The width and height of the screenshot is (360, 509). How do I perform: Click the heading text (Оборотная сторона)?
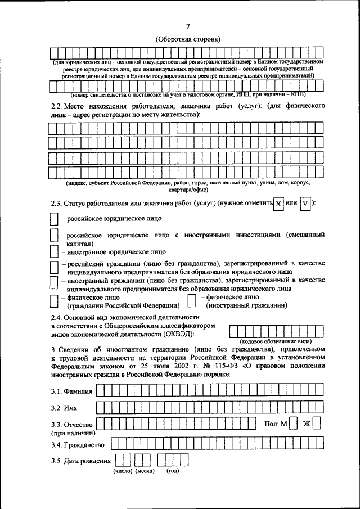pos(188,39)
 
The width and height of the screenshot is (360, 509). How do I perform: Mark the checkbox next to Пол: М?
pos(294,423)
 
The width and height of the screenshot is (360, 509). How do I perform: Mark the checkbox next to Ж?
pos(317,423)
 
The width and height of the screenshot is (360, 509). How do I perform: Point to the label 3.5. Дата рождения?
pos(80,462)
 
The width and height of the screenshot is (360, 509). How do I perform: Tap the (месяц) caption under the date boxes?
pos(145,471)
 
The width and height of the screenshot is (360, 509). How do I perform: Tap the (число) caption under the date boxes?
pos(123,471)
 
